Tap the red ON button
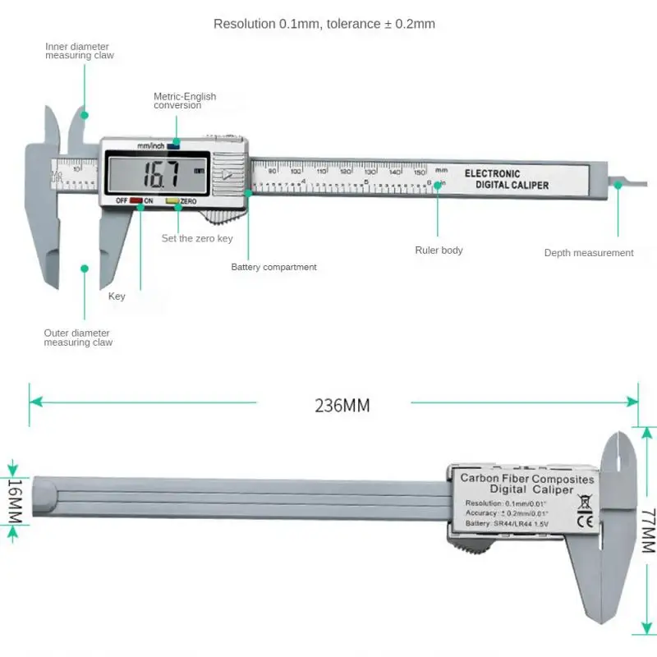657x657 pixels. pyautogui.click(x=136, y=200)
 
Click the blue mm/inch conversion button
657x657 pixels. pyautogui.click(x=172, y=146)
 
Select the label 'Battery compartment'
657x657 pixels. pyautogui.click(x=273, y=267)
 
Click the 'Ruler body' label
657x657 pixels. pyautogui.click(x=439, y=250)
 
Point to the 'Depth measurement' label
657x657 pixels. pyautogui.click(x=589, y=253)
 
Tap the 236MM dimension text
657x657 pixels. pyautogui.click(x=342, y=405)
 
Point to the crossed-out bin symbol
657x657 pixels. pyautogui.click(x=586, y=500)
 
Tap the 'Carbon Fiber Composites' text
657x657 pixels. pyautogui.click(x=526, y=478)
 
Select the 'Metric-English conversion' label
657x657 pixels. pyautogui.click(x=185, y=101)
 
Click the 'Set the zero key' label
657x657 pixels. pyautogui.click(x=197, y=238)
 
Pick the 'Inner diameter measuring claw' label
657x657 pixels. pyautogui.click(x=79, y=51)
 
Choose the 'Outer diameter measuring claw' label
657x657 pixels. pyautogui.click(x=78, y=338)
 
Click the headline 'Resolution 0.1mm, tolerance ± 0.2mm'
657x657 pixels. pyautogui.click(x=324, y=24)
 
